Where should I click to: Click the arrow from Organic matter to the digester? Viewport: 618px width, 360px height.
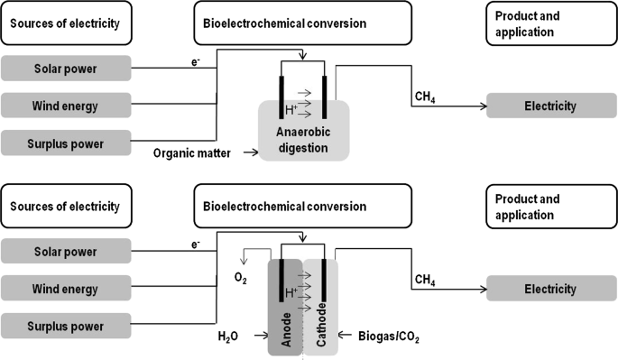(x=244, y=154)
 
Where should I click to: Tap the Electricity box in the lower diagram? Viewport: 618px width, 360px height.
(x=549, y=289)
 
